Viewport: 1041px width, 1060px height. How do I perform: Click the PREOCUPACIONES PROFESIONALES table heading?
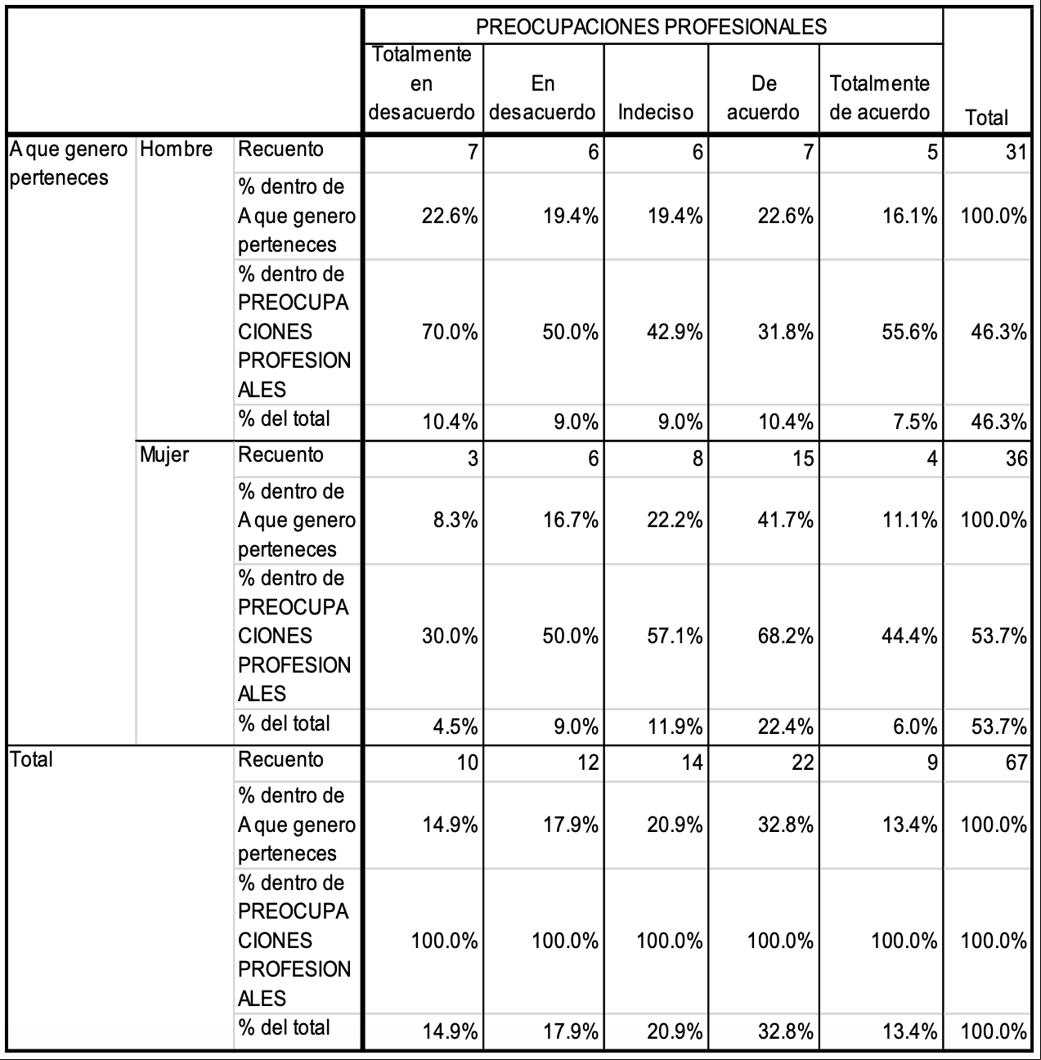point(651,27)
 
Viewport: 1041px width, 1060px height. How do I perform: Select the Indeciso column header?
point(655,112)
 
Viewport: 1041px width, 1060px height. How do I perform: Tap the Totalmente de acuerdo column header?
point(880,98)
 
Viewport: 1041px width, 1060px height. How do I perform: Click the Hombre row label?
point(176,149)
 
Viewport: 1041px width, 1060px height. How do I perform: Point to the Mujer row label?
point(164,455)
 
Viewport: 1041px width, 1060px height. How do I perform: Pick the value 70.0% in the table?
point(450,333)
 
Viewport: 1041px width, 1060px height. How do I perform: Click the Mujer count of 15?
point(803,458)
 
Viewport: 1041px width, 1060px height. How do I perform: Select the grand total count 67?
point(1016,763)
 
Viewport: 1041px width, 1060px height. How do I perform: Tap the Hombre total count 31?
point(1016,152)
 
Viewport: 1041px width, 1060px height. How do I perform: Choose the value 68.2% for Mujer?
point(786,637)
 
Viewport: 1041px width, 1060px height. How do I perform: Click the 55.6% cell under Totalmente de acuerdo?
point(909,333)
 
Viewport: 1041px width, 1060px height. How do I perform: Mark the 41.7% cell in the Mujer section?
point(786,521)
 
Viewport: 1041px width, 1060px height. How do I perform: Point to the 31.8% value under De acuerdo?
point(786,333)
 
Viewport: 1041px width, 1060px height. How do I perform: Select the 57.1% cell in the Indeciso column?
point(675,637)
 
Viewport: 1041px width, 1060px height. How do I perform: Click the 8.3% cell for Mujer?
point(455,521)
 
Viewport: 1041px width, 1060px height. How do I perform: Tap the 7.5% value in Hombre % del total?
point(915,422)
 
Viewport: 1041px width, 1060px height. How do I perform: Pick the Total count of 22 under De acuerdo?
point(803,763)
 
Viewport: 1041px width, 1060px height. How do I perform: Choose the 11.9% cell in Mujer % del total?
point(675,727)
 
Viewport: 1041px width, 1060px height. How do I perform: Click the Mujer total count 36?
point(1016,458)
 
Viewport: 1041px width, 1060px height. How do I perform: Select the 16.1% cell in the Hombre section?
point(909,217)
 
